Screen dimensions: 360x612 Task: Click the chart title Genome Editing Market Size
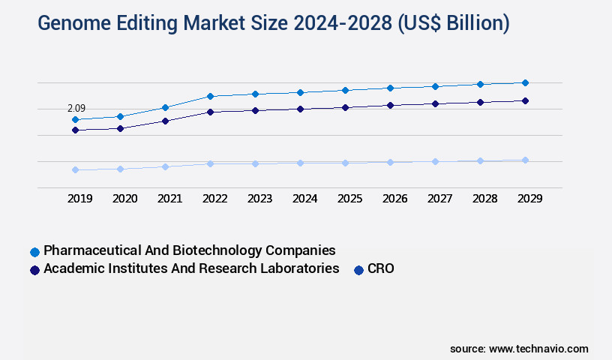click(x=274, y=23)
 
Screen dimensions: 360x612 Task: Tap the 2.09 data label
click(x=76, y=109)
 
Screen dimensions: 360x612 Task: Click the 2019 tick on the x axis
click(x=80, y=199)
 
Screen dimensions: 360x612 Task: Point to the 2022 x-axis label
click(x=215, y=199)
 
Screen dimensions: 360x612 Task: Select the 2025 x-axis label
click(x=350, y=199)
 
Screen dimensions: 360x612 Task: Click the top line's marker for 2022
click(x=211, y=96)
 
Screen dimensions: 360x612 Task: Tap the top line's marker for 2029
click(x=525, y=82)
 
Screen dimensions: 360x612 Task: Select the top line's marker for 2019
click(x=76, y=119)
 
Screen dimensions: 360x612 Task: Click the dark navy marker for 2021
click(x=166, y=121)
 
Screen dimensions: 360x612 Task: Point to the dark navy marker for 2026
click(x=390, y=105)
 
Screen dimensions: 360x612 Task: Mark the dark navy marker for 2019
click(x=76, y=130)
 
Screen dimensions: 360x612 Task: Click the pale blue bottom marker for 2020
click(x=121, y=169)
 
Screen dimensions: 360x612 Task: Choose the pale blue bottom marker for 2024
click(x=300, y=163)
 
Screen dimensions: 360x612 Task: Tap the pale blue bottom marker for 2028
click(x=480, y=160)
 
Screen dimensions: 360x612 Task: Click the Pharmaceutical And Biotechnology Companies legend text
click(x=190, y=250)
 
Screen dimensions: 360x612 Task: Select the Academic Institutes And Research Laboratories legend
click(x=192, y=268)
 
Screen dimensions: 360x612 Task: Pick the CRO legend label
click(x=380, y=268)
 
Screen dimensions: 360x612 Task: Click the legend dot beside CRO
click(x=358, y=270)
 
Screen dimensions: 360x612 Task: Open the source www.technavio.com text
click(x=519, y=349)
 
